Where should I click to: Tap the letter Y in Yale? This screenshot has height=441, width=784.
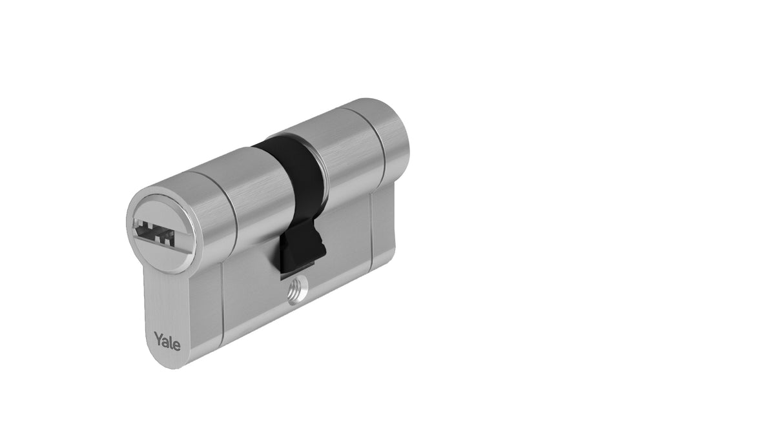[158, 337]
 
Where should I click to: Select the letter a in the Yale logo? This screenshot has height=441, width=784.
[165, 340]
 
